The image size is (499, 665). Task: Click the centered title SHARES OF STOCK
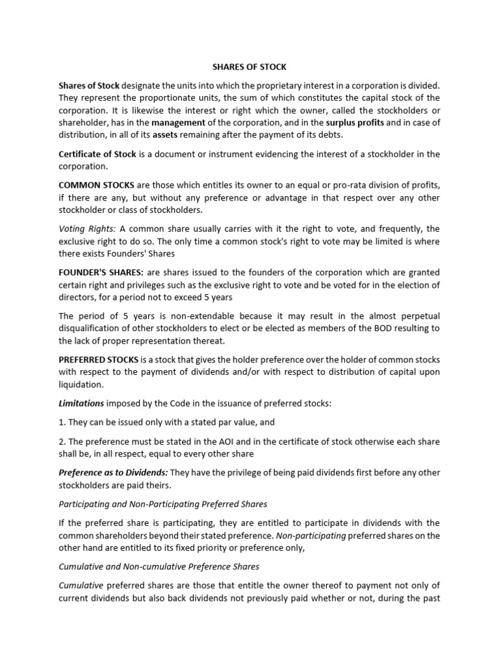click(249, 67)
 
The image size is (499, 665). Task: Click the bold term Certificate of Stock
click(96, 154)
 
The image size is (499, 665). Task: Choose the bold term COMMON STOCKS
click(97, 185)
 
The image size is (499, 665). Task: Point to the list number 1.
click(61, 422)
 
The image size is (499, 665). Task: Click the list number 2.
click(61, 442)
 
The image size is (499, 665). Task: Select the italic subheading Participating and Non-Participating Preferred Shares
click(162, 504)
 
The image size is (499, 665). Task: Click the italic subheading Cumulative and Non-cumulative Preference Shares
click(159, 566)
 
